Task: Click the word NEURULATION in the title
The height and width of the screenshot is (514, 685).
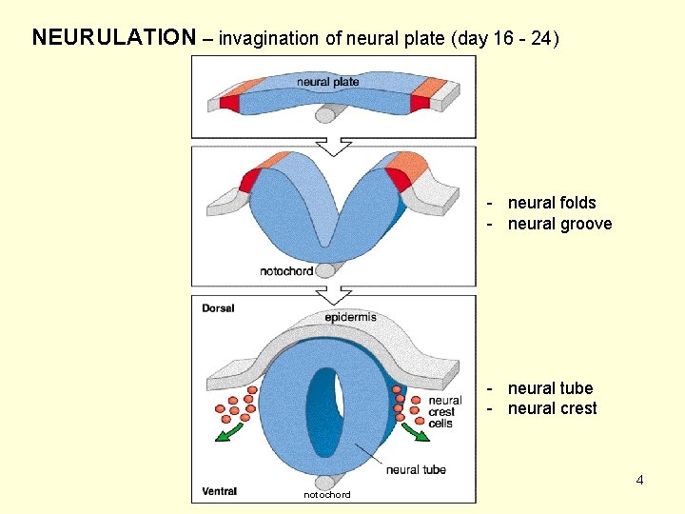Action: pos(113,38)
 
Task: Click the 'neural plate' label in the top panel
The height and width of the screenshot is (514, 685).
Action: pos(328,82)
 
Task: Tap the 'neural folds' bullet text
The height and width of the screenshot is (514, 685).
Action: pos(552,203)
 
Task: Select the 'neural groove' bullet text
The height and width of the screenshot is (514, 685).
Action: pos(559,224)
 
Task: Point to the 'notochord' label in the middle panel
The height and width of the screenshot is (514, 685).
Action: pos(286,271)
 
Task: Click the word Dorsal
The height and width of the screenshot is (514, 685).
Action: pos(219,308)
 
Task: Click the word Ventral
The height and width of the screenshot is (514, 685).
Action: pos(220,491)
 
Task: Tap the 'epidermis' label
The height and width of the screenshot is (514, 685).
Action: pos(350,317)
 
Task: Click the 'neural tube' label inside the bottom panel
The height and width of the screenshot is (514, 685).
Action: pos(416,469)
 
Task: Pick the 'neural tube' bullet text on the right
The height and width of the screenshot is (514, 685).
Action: pos(550,388)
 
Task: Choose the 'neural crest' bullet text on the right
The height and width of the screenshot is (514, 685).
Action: pos(552,408)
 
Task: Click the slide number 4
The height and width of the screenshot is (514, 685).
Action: pos(639,480)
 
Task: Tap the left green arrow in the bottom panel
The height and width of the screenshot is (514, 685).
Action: pos(225,434)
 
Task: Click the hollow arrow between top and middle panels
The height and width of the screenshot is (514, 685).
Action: pos(333,147)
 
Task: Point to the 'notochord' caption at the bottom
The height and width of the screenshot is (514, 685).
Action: pos(326,495)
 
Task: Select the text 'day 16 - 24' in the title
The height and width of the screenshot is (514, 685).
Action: pos(506,39)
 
